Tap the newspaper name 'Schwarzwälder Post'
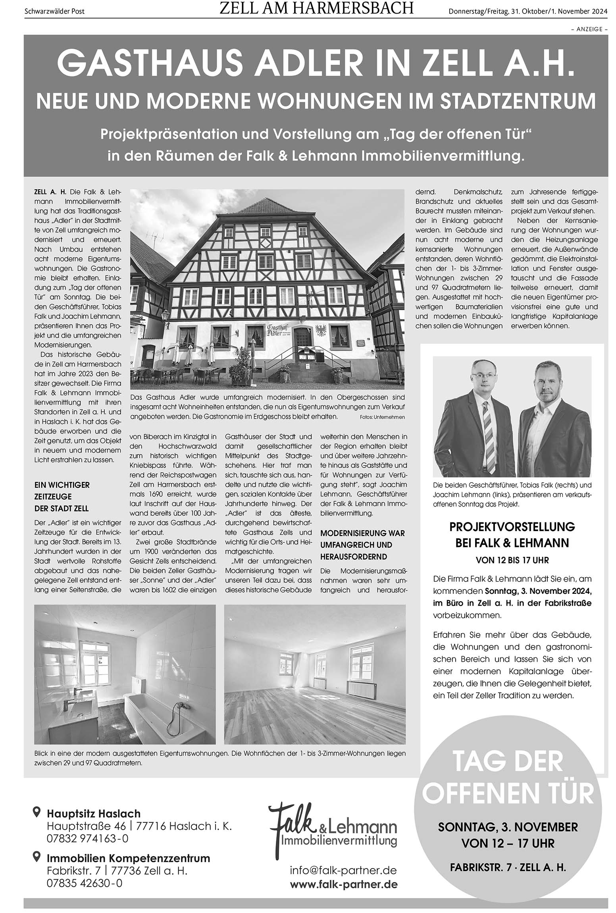pyautogui.click(x=55, y=12)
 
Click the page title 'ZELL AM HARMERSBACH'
pyautogui.click(x=316, y=8)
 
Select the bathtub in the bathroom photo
pyautogui.click(x=159, y=710)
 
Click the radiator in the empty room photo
pyautogui.click(x=361, y=690)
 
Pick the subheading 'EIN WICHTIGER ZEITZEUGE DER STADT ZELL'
pyautogui.click(x=62, y=496)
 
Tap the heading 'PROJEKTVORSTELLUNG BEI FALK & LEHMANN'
pyautogui.click(x=512, y=534)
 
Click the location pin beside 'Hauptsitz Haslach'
pyautogui.click(x=37, y=812)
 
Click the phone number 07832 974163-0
pyautogui.click(x=87, y=838)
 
